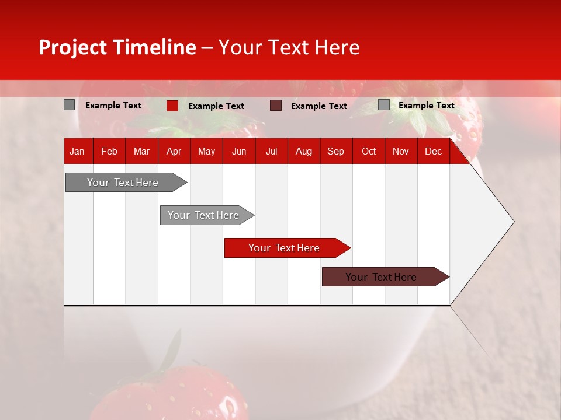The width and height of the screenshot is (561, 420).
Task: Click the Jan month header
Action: click(x=77, y=151)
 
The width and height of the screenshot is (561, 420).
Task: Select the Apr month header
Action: click(x=174, y=151)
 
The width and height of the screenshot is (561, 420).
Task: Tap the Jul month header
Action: click(x=271, y=151)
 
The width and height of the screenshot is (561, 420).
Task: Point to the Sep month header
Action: click(x=335, y=151)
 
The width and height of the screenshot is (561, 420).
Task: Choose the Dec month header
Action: click(x=433, y=151)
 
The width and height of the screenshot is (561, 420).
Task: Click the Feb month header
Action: click(x=109, y=151)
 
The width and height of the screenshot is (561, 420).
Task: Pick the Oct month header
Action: click(x=369, y=151)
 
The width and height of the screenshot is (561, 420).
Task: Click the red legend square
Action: click(x=172, y=106)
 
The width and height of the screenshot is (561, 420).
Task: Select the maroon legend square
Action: click(x=276, y=106)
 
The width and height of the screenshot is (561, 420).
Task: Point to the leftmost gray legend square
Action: click(x=69, y=105)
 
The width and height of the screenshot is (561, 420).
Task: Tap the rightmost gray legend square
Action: click(x=383, y=105)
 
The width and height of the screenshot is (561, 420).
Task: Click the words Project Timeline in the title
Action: click(x=117, y=47)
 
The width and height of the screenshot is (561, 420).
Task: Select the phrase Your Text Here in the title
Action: click(x=289, y=47)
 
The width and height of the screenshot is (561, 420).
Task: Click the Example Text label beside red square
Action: click(x=216, y=106)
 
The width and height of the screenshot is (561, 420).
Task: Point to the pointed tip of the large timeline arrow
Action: click(x=512, y=222)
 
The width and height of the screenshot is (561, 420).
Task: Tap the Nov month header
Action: click(x=401, y=151)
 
